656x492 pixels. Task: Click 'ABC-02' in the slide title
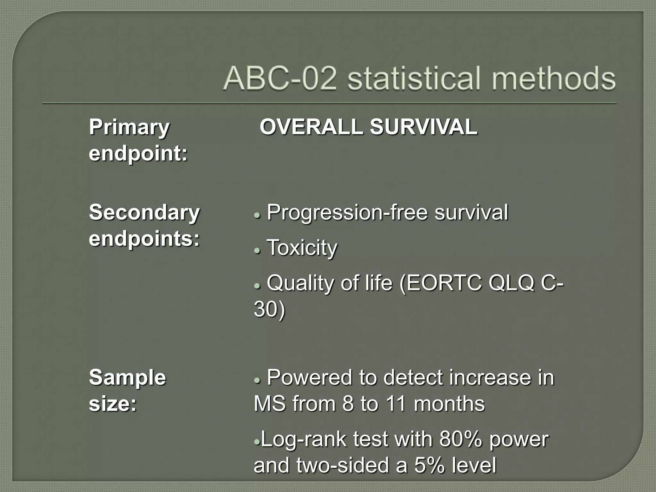[x=280, y=78]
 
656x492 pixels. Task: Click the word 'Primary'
[x=129, y=127]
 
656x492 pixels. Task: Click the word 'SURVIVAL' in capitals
[x=423, y=127]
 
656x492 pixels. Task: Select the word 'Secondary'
[x=144, y=213]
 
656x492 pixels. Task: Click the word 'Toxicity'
[x=302, y=248]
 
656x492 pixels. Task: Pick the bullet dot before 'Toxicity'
[x=257, y=250]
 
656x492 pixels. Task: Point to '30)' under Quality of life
[x=269, y=309]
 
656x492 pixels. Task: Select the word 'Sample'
[x=127, y=378]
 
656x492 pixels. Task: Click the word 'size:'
[x=113, y=404]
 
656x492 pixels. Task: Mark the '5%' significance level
[x=430, y=465]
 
